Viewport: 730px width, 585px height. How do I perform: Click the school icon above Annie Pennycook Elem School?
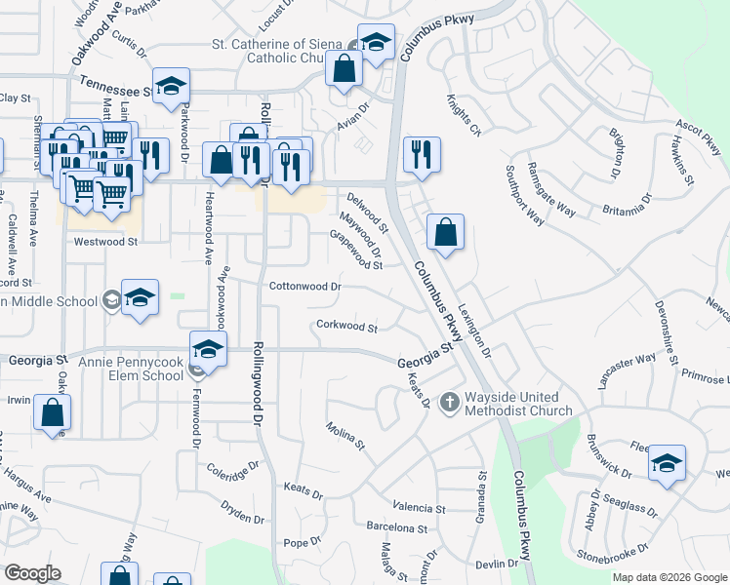[x=208, y=348]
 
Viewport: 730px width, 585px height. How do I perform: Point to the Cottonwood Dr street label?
[x=304, y=287]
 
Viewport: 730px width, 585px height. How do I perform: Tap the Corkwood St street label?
[x=346, y=326]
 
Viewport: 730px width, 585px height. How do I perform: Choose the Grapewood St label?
[x=355, y=249]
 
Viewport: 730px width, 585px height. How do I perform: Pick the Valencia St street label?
[x=419, y=508]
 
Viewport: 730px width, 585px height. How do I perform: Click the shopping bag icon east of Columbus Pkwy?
[x=445, y=233]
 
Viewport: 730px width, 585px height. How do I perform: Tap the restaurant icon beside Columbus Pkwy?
[x=422, y=155]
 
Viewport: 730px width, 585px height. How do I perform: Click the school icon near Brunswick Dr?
[x=667, y=462]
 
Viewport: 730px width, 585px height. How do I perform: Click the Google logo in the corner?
[x=32, y=573]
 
